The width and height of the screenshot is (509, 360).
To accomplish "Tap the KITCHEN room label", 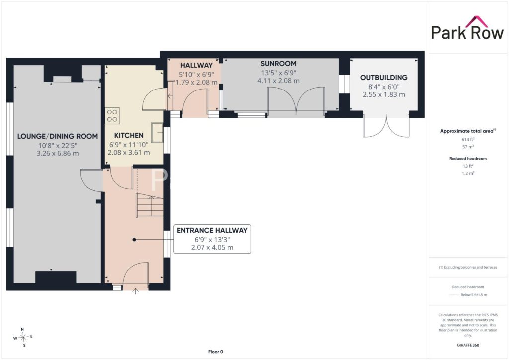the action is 129,135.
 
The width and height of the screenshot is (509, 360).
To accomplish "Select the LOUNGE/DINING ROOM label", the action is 58,136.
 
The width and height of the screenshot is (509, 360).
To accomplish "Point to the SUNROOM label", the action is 278,63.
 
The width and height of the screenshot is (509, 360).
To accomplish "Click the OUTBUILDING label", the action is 384,77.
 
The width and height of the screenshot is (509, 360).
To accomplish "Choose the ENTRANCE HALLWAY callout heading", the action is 212,230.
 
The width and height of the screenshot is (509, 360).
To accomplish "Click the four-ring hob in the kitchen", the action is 112,115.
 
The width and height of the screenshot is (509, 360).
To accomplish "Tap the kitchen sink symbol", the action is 158,132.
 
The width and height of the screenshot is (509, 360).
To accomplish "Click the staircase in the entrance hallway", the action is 150,205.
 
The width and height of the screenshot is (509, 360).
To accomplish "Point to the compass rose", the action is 23,337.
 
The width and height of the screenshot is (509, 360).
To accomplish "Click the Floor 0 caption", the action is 216,352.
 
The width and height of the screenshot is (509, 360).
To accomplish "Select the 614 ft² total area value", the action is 468,139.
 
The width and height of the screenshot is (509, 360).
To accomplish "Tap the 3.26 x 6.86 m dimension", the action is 58,153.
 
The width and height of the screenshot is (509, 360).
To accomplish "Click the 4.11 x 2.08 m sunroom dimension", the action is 278,81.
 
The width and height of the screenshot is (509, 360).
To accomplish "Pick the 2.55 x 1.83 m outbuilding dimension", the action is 384,94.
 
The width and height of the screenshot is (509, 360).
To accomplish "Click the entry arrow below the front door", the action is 136,291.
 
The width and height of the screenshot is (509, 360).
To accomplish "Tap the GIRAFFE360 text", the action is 468,345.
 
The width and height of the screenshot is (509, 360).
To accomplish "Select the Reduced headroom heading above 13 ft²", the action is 468,159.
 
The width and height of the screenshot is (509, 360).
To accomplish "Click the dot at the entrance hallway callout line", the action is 134,240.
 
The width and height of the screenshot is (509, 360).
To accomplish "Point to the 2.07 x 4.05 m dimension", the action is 212,247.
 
